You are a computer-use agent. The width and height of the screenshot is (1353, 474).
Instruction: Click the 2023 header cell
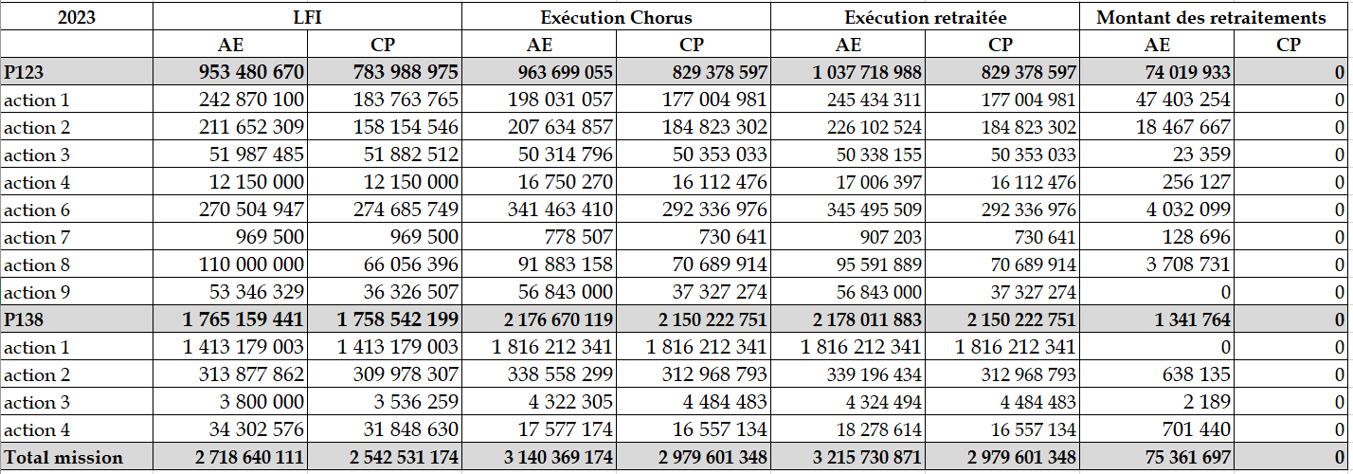tap(77, 17)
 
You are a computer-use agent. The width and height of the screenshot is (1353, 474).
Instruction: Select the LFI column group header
tap(307, 17)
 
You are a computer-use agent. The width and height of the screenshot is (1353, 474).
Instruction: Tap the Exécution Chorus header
tap(616, 17)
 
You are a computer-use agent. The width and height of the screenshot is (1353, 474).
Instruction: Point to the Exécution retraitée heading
tap(925, 17)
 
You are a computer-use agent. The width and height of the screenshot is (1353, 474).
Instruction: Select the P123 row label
tap(26, 72)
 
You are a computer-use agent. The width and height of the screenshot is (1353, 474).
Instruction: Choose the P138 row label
tap(26, 320)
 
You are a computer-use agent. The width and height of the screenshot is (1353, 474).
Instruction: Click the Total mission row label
tap(63, 458)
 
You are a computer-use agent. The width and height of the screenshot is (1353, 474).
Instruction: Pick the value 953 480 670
tap(252, 72)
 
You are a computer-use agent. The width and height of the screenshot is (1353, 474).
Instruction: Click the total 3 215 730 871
tap(860, 458)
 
